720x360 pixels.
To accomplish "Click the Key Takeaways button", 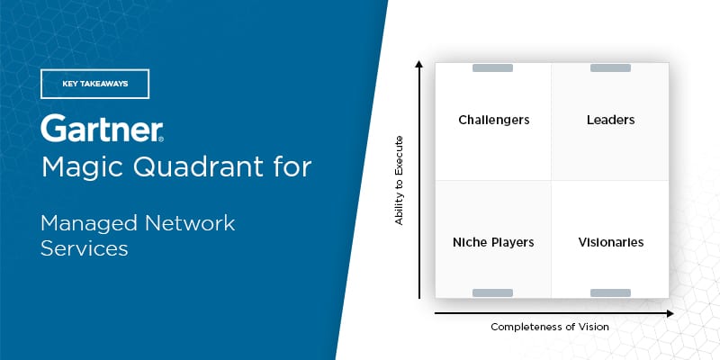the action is click(94, 84).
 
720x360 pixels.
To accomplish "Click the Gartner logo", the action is click(102, 128).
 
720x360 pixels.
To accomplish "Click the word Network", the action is click(190, 223).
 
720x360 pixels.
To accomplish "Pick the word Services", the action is click(84, 248).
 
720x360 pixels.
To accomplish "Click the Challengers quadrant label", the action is click(493, 121).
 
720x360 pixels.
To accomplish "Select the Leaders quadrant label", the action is click(611, 120).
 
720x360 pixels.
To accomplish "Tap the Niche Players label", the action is click(493, 242).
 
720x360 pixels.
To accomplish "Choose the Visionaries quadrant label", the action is click(611, 242).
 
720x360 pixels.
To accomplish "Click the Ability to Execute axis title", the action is click(399, 180).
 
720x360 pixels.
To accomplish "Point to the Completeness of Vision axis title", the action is click(550, 327).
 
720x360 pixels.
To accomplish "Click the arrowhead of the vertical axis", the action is click(418, 63).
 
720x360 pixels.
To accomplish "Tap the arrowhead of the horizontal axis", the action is click(670, 313).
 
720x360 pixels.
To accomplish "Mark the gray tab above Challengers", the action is click(492, 68).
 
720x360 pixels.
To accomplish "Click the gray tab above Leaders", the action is click(610, 68).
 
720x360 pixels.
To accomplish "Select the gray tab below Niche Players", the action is click(492, 293).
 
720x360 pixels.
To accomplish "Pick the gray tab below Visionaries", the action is click(610, 293).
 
